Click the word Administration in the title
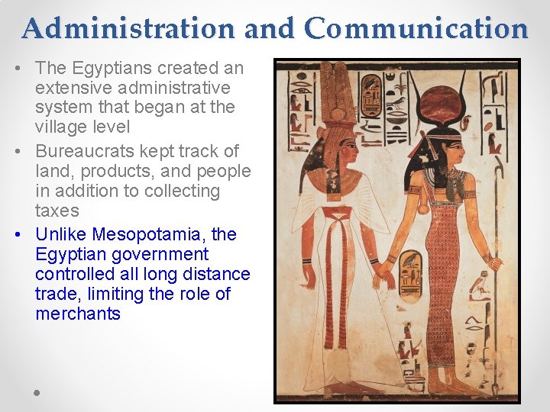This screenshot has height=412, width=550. [x=128, y=28]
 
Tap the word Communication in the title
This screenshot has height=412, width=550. [x=416, y=28]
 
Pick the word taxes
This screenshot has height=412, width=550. [x=57, y=211]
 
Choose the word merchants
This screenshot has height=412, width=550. [x=78, y=314]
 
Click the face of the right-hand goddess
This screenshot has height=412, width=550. [x=455, y=152]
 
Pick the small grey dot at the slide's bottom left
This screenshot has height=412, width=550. [x=37, y=393]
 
